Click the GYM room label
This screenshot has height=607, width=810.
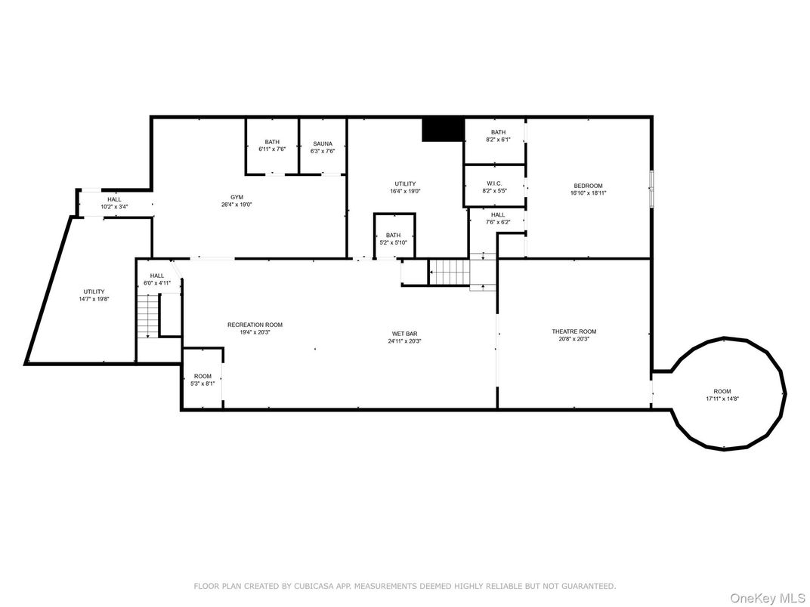pyautogui.click(x=237, y=197)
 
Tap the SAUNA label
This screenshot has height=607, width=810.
pyautogui.click(x=323, y=143)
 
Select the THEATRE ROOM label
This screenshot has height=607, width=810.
pyautogui.click(x=573, y=331)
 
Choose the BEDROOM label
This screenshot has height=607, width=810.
pyautogui.click(x=588, y=186)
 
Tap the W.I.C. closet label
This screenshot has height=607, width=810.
pyautogui.click(x=494, y=183)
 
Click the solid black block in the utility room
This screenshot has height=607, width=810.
pyautogui.click(x=442, y=129)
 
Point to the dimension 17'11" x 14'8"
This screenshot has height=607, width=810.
pyautogui.click(x=722, y=399)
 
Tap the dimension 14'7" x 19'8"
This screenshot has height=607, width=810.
pyautogui.click(x=94, y=299)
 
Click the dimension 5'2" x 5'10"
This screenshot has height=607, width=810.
pyautogui.click(x=393, y=242)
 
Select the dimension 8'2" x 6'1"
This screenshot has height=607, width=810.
pyautogui.click(x=498, y=140)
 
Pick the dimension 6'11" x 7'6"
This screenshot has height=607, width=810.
pyautogui.click(x=272, y=149)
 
